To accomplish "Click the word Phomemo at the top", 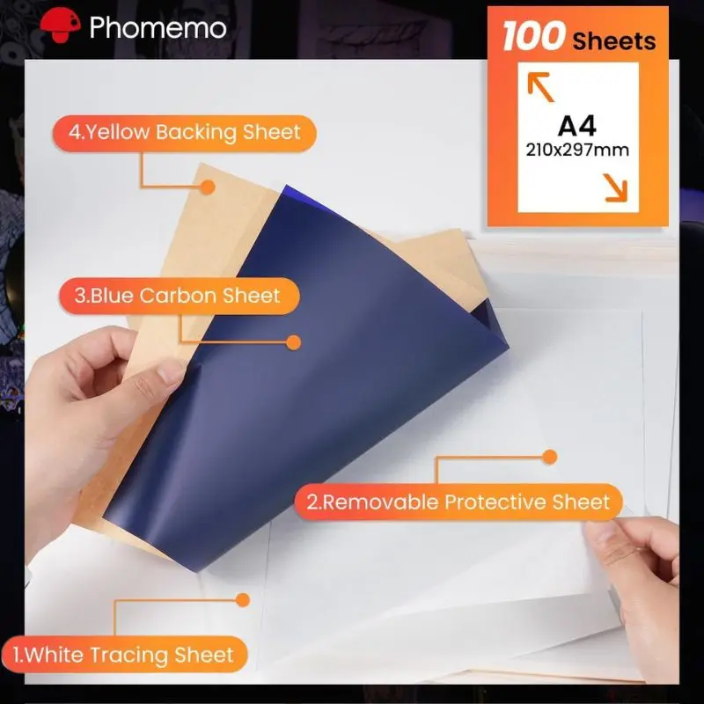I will click(158, 27).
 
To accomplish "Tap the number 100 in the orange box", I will click(533, 37).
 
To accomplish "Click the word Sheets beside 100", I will click(613, 40).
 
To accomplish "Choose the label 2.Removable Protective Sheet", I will click(458, 502).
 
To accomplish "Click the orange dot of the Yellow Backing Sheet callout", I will click(208, 187).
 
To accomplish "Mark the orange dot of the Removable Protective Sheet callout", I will click(550, 457).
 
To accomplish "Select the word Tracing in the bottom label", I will click(136, 655).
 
